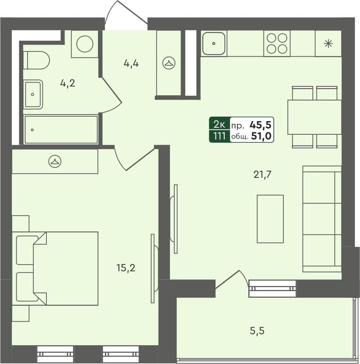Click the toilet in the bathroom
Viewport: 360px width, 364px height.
[36, 60]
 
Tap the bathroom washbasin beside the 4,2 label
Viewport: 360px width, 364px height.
[33, 94]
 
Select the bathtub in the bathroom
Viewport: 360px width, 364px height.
[61, 130]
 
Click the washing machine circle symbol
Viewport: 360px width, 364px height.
[85, 44]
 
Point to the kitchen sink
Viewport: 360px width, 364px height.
[213, 43]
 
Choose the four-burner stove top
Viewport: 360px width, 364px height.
[277, 43]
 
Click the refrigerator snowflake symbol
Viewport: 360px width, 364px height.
[328, 44]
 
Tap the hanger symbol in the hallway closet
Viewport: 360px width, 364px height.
[169, 63]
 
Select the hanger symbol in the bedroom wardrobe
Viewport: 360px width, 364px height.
[55, 161]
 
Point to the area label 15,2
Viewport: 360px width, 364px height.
[126, 268]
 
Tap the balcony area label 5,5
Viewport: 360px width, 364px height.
[257, 331]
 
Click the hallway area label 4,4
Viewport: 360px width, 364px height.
[131, 63]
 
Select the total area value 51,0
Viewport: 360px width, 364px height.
[261, 137]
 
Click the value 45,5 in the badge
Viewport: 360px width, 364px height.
[261, 125]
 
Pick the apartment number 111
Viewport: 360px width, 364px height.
[219, 137]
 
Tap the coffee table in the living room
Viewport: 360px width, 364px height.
[270, 219]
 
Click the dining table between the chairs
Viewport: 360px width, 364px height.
[314, 117]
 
